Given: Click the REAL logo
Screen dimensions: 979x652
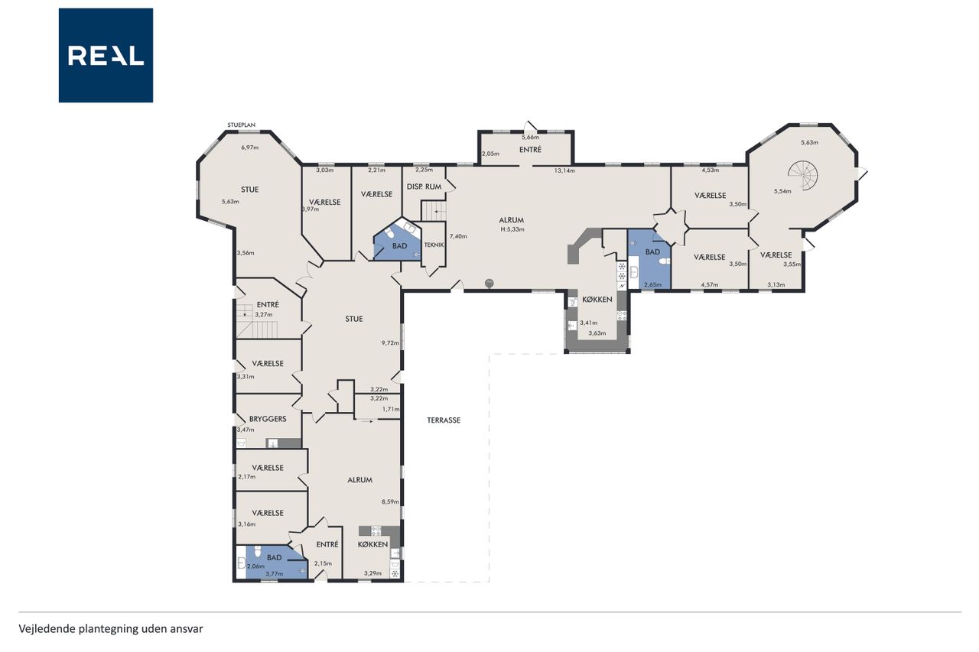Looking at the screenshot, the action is (x=106, y=56).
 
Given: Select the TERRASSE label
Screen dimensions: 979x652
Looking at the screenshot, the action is (x=444, y=420).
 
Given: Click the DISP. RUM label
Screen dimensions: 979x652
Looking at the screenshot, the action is (x=424, y=187).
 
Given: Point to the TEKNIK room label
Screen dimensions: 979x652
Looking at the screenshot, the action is (x=434, y=245).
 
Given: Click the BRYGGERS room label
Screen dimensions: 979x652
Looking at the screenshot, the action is (x=268, y=419).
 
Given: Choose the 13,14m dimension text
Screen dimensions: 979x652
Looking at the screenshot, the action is (x=564, y=170).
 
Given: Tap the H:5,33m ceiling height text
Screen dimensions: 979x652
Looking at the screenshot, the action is (x=512, y=229).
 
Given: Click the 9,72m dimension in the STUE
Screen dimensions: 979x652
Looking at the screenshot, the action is (x=390, y=343).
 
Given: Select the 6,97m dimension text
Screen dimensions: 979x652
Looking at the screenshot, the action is (x=250, y=148).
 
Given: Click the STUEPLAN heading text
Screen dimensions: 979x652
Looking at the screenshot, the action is (x=241, y=125).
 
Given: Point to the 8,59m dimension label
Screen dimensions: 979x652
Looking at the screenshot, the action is (x=390, y=502).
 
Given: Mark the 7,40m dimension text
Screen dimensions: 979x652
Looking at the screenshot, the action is (x=458, y=237).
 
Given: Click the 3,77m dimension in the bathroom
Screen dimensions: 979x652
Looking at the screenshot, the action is (x=275, y=574).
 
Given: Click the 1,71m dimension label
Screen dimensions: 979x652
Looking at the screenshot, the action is (x=391, y=410).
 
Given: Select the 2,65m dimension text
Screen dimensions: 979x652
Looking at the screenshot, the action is (x=652, y=285).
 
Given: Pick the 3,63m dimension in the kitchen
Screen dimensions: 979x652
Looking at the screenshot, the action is (x=597, y=333).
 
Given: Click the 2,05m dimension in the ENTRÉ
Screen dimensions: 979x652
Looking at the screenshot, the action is (x=490, y=154).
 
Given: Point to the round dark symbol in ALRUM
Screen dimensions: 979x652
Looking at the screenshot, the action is (x=489, y=284).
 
